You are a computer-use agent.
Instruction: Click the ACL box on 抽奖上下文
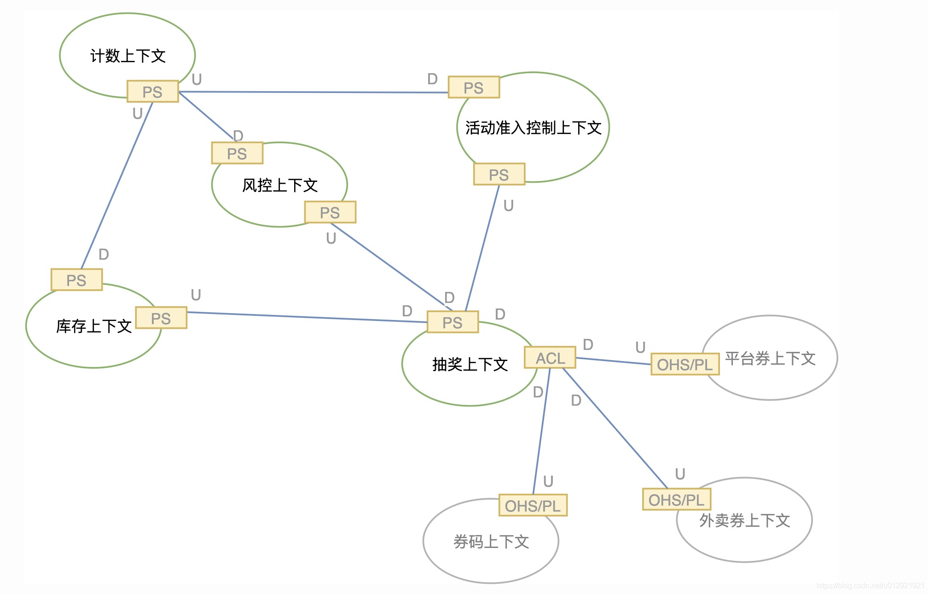click(x=550, y=358)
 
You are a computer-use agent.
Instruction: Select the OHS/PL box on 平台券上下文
click(x=685, y=364)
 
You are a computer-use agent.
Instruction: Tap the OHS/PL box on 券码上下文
click(x=533, y=506)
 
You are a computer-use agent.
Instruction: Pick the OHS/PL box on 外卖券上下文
click(x=677, y=500)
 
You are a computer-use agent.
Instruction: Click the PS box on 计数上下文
click(x=152, y=92)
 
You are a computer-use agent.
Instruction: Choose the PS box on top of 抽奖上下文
click(x=452, y=322)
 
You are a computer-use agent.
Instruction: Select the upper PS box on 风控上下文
click(x=237, y=153)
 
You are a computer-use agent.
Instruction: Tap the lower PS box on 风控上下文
click(x=330, y=212)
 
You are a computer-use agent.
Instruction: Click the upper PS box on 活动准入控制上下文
click(x=474, y=87)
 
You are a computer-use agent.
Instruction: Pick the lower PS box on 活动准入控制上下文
click(x=499, y=175)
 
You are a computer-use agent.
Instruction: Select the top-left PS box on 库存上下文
click(x=76, y=280)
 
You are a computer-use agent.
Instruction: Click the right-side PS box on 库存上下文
click(x=161, y=318)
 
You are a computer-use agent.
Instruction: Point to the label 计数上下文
click(x=128, y=56)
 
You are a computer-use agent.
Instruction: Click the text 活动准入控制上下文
click(x=533, y=128)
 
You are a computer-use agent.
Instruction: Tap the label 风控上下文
click(x=280, y=185)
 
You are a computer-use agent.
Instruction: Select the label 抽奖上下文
click(x=470, y=364)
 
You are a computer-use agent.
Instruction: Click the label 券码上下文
click(x=491, y=542)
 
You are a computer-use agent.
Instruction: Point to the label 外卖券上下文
click(x=744, y=520)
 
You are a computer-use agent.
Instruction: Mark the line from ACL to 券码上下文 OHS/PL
click(x=541, y=433)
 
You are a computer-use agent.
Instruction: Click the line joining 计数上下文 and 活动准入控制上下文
click(x=313, y=92)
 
